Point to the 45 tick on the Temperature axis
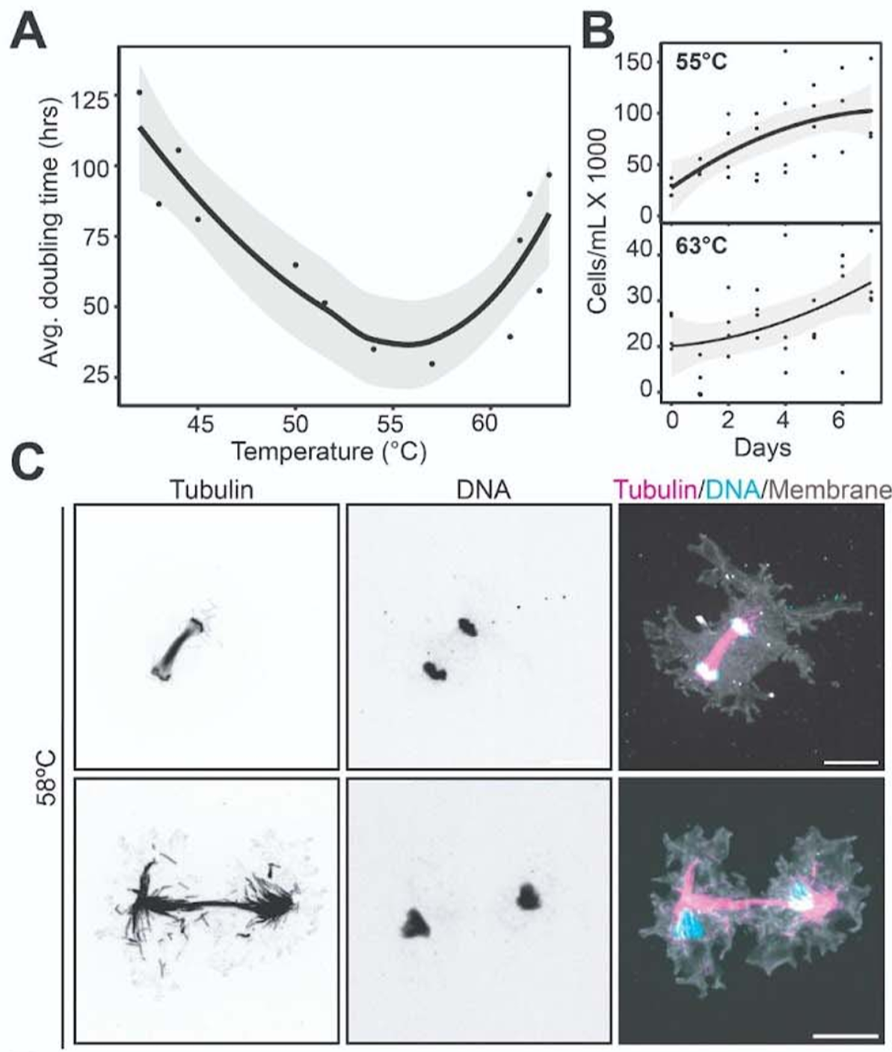coord(198,424)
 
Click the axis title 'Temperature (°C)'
coord(328,451)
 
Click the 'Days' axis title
coord(762,448)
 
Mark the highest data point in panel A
coord(139,92)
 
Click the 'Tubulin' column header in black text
coord(211,489)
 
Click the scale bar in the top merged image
coord(852,763)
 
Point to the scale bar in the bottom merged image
coord(845,1036)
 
